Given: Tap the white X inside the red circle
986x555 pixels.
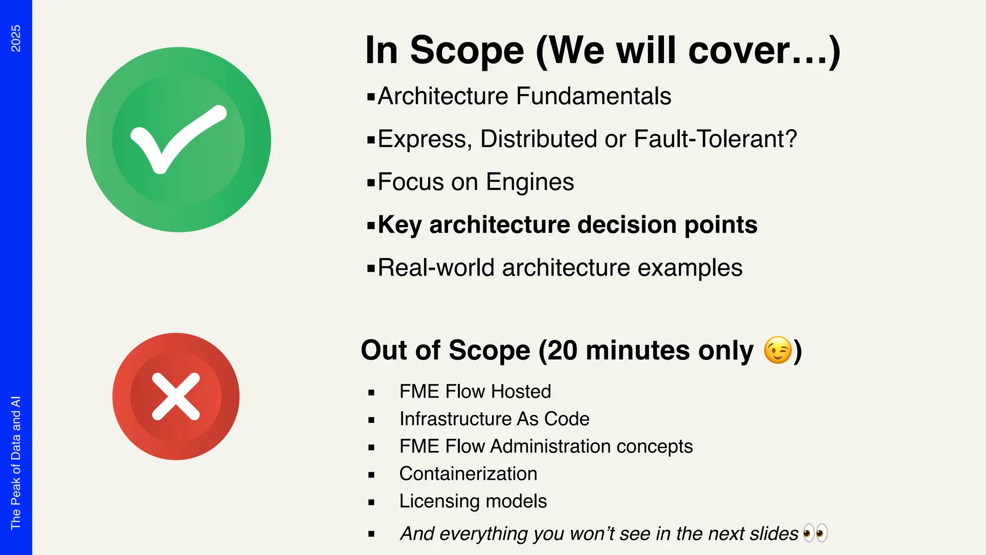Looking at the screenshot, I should tap(176, 396).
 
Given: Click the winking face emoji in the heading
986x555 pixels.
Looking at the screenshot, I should tap(777, 350).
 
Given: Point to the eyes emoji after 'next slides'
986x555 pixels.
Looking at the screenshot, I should tap(815, 533).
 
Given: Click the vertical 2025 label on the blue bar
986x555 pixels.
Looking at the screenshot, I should tap(16, 39).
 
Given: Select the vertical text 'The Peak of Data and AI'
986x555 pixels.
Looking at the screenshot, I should tap(16, 462).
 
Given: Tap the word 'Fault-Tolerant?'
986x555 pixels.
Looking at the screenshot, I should tap(715, 139).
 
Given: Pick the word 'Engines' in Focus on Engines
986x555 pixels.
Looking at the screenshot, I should tap(530, 182).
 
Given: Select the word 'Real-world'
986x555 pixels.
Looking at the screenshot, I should tap(436, 268).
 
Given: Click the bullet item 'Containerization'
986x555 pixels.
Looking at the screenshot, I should tap(468, 474).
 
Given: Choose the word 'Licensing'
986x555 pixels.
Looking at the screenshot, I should tap(432, 502).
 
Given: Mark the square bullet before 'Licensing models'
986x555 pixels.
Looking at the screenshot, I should tap(371, 502).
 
